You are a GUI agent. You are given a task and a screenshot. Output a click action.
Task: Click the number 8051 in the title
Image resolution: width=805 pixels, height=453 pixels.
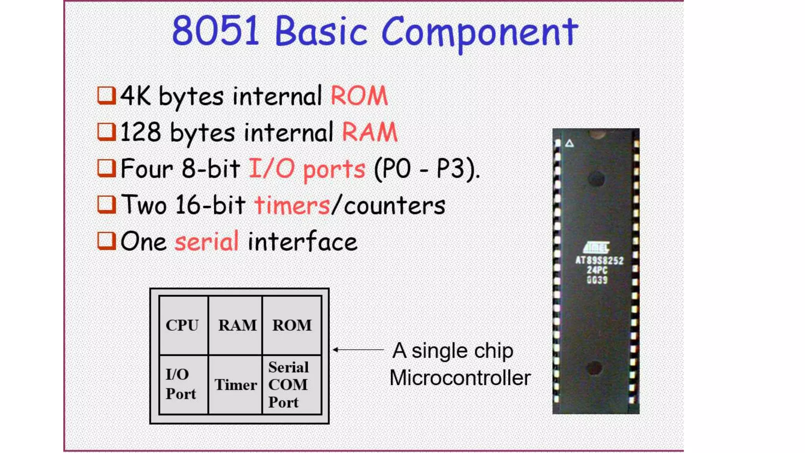coord(215,31)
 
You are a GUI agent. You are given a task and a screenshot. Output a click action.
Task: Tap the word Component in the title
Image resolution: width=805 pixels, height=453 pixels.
coord(480,32)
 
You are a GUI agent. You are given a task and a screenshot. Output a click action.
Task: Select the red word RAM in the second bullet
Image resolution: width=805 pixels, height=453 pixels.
coord(369,132)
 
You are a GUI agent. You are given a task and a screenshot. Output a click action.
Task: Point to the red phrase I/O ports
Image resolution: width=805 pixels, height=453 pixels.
coord(307,169)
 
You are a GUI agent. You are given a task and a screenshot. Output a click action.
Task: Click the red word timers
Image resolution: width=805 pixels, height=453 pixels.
coord(292,205)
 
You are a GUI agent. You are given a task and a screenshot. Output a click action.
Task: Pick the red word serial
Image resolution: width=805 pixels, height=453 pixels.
coord(207,241)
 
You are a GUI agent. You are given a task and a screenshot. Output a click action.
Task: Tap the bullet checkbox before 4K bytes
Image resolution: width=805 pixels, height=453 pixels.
coord(106,96)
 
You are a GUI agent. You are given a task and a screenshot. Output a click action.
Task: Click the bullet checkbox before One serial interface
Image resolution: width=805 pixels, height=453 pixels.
coord(106,241)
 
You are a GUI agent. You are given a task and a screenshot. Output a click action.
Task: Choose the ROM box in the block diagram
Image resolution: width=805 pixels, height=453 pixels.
coord(292,325)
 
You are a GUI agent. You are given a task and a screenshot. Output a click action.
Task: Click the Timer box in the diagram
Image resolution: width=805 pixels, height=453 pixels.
coord(235,385)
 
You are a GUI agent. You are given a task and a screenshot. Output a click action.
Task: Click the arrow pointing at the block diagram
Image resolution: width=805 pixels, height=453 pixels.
coord(358,349)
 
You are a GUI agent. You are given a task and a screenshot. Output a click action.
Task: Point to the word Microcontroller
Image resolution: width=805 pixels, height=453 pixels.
coord(460,378)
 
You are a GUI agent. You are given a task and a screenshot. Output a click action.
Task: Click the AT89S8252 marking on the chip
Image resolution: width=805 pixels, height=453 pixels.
coord(599,260)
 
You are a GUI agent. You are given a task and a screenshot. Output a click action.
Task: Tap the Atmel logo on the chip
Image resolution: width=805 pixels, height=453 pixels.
coord(596,247)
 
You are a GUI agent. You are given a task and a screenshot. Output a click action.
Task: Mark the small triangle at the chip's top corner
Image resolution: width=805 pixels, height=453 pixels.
coord(569,144)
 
